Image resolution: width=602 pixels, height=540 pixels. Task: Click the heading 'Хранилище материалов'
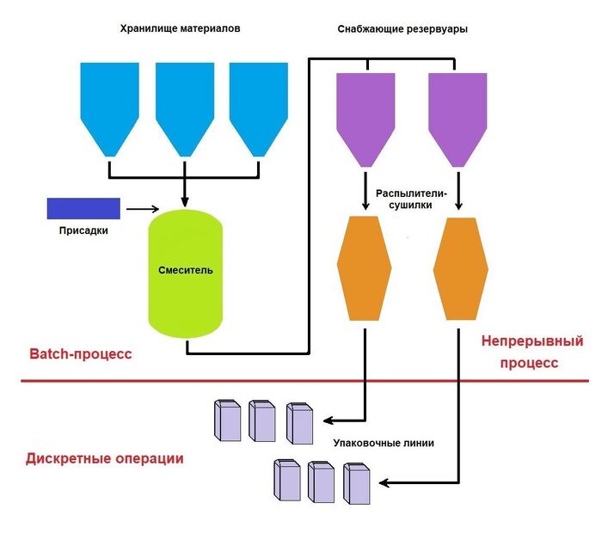click(180, 28)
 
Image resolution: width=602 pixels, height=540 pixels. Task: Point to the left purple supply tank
click(365, 116)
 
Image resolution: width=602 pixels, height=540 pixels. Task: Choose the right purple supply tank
click(458, 116)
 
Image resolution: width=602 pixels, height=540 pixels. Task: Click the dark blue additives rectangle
click(82, 208)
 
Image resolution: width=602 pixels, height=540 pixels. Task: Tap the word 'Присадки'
click(83, 230)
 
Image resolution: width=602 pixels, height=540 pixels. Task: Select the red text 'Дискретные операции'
click(105, 458)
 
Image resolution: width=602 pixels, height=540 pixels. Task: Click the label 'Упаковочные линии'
click(383, 444)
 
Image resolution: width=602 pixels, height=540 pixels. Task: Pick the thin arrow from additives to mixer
click(143, 208)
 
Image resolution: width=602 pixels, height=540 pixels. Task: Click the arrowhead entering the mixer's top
click(186, 202)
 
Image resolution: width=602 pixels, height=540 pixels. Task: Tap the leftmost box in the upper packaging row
click(226, 421)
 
